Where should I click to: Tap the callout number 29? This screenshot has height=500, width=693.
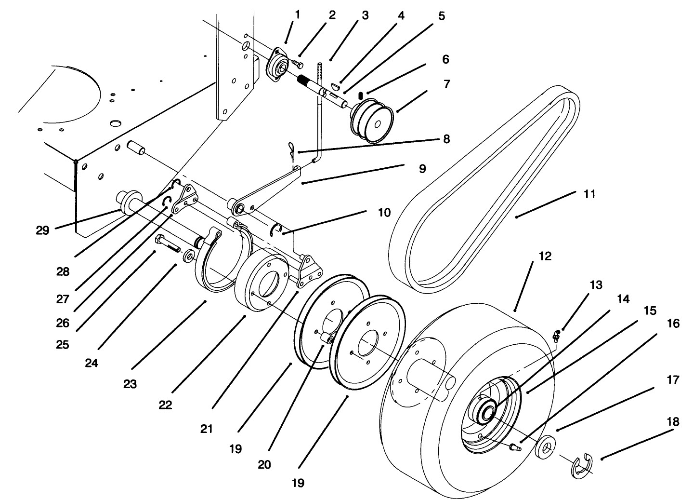click(x=42, y=230)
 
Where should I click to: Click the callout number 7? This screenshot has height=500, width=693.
click(x=446, y=84)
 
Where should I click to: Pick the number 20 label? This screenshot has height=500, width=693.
click(x=264, y=465)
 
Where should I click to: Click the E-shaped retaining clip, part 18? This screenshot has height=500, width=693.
click(x=582, y=465)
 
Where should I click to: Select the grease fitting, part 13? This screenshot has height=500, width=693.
click(x=557, y=335)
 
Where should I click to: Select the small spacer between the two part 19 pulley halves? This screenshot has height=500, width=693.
click(x=327, y=339)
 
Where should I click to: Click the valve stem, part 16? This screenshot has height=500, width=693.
click(x=516, y=446)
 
